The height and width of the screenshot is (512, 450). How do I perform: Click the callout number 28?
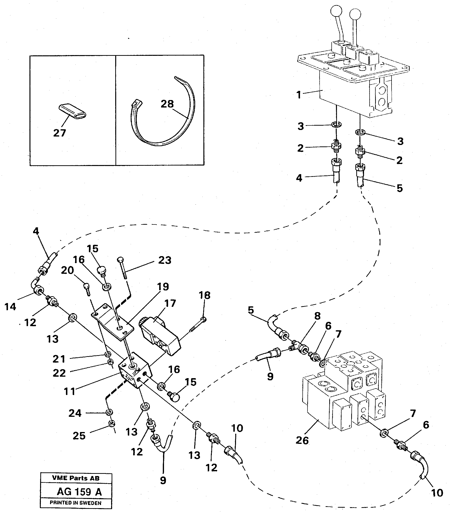(x=167, y=104)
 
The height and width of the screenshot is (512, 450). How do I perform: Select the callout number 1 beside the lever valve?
(x=299, y=95)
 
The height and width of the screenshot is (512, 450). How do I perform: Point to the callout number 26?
(x=302, y=440)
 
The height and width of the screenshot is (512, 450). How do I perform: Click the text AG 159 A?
(x=79, y=492)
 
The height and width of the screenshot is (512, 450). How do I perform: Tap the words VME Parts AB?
(x=76, y=478)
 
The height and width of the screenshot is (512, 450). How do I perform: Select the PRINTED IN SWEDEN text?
(x=76, y=503)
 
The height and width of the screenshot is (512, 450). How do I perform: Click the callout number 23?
(x=164, y=260)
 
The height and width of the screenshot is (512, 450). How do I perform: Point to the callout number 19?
(x=163, y=287)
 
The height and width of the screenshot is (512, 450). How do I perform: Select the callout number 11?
(x=69, y=391)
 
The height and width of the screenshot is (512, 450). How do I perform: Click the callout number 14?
(x=10, y=307)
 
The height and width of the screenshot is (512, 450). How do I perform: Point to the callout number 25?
(x=79, y=436)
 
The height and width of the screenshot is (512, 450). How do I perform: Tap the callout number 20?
(x=67, y=270)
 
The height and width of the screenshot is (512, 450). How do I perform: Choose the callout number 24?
(x=75, y=413)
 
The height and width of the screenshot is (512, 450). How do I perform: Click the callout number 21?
(x=59, y=359)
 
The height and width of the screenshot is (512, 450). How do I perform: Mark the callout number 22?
(x=59, y=373)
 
